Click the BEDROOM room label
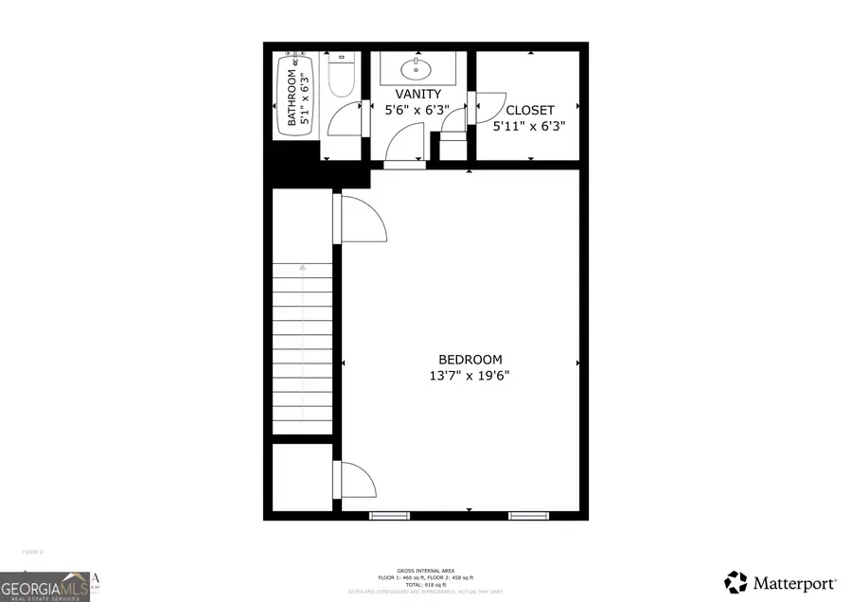470,360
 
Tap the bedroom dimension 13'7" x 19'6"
470,376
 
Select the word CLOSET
529,110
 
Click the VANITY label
417,94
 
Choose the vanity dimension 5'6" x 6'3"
417,110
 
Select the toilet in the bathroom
341,73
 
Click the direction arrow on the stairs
303,268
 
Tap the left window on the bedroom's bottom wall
383,515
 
